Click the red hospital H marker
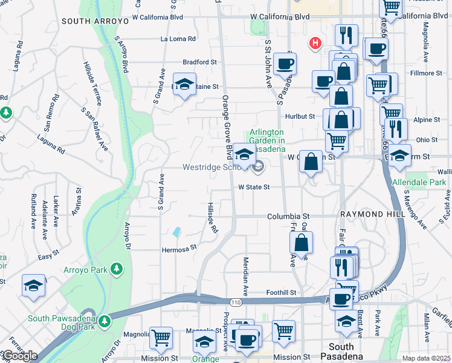314,43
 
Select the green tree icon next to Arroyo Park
117,269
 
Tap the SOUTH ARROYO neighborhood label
95,21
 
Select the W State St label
253,188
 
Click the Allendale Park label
419,181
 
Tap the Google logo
19,356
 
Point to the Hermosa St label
179,247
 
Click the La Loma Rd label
178,39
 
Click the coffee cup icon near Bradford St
284,64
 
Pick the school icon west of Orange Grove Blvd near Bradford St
184,83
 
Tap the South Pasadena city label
341,352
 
